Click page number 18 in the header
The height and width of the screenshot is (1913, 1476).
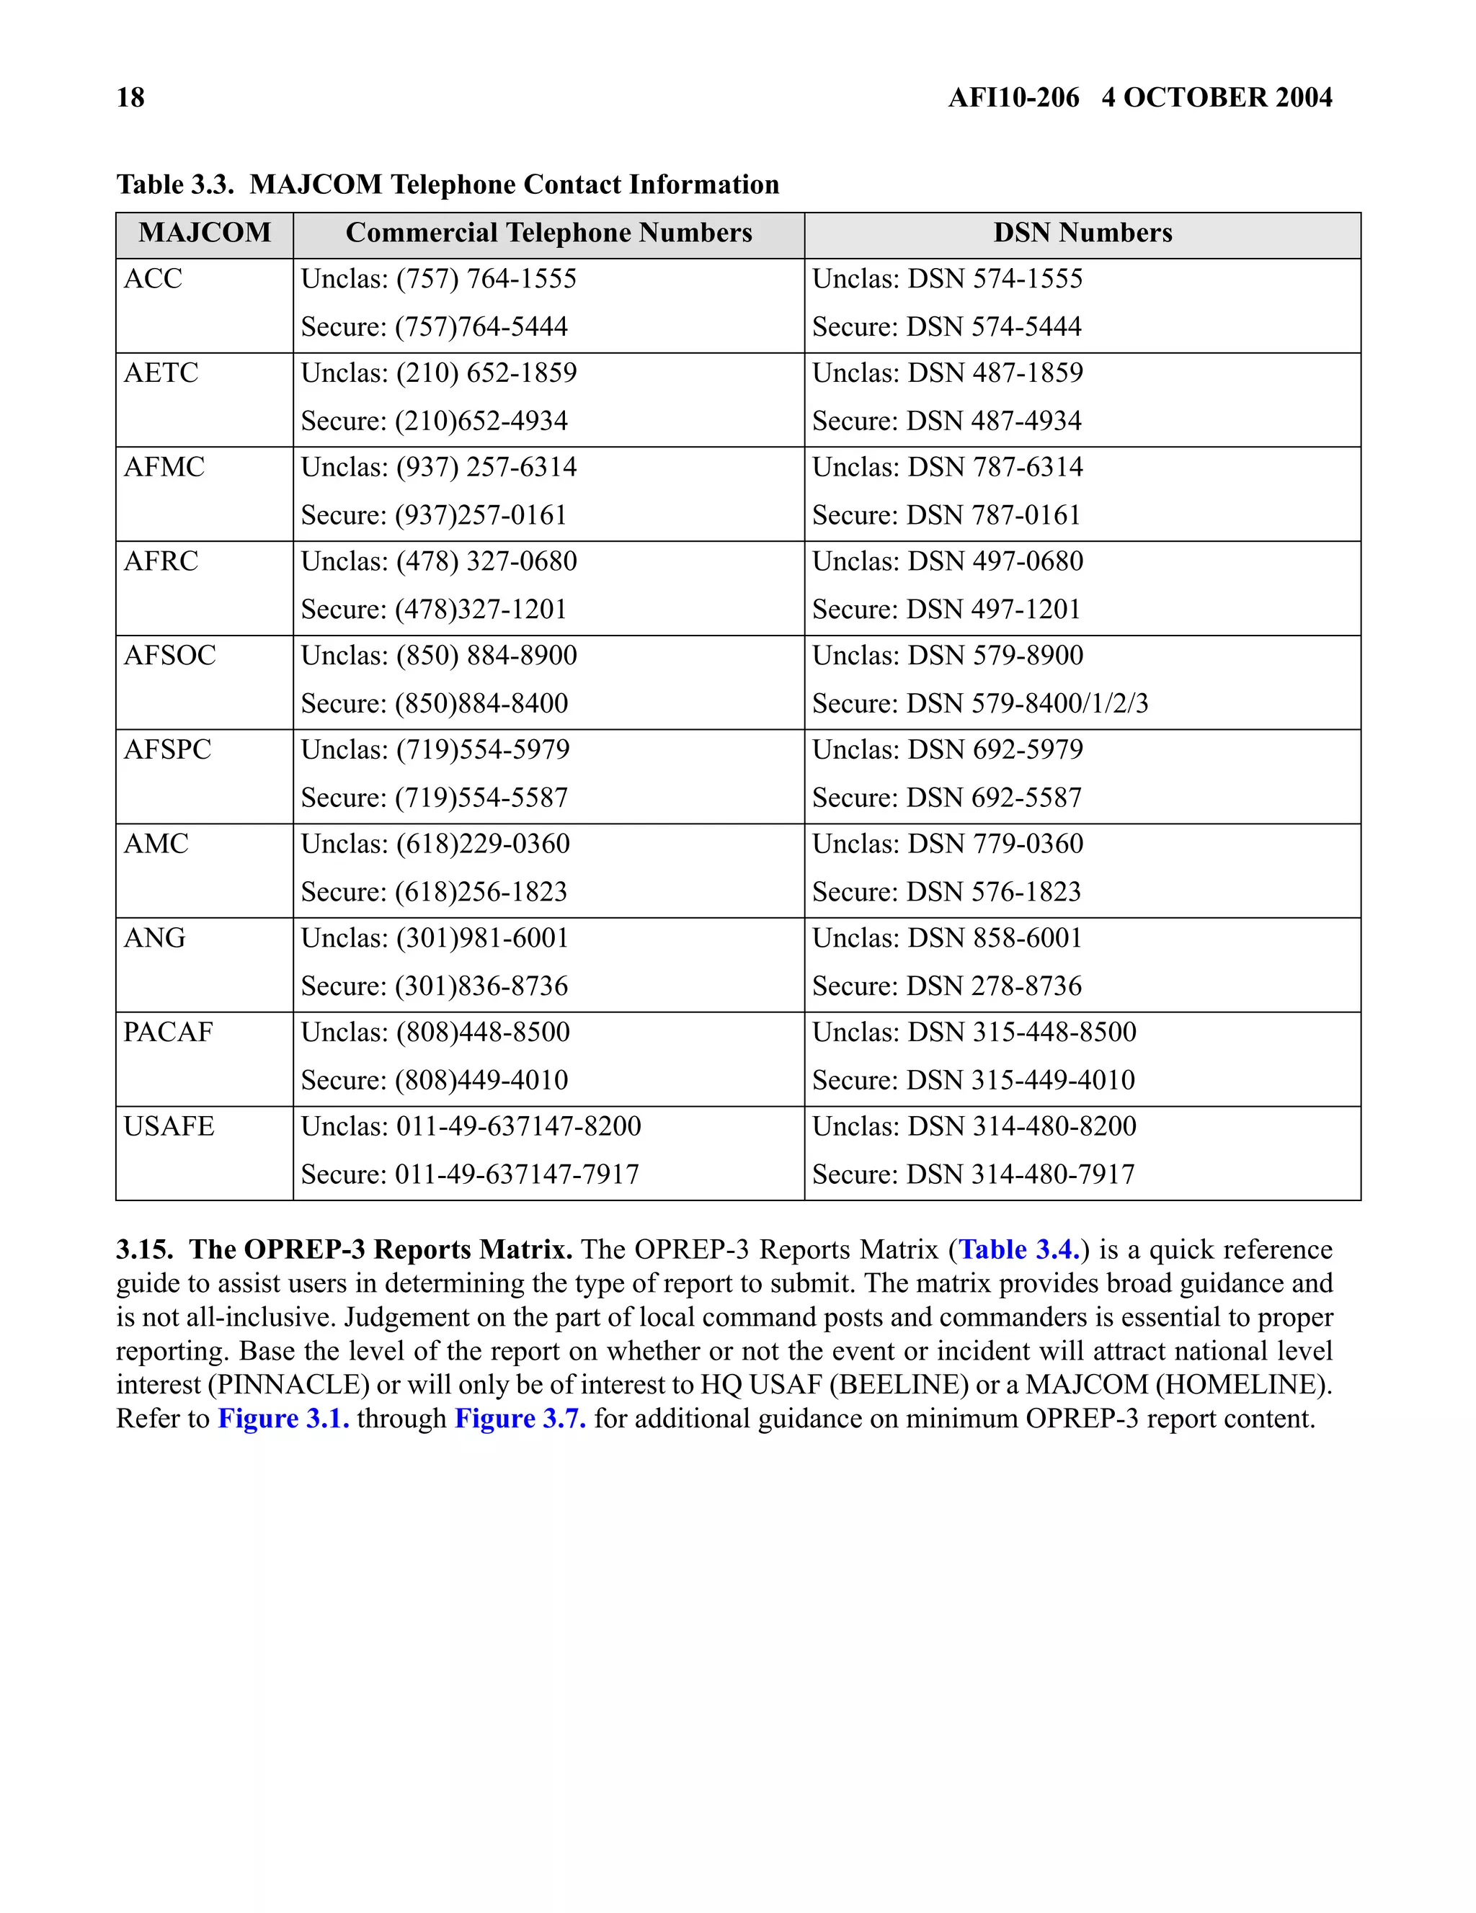pos(130,97)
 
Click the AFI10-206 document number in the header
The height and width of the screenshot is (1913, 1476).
pos(1013,97)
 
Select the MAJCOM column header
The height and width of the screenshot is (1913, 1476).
pos(204,233)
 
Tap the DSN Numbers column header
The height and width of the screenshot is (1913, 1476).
pos(1082,233)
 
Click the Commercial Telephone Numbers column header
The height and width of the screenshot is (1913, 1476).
pos(548,233)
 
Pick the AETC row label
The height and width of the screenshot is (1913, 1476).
pos(161,373)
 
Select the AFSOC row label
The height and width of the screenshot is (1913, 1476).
pos(169,655)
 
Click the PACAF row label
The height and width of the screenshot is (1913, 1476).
pos(167,1032)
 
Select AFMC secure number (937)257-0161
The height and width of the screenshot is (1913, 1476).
pos(480,515)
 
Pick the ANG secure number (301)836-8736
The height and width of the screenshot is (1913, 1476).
pos(480,986)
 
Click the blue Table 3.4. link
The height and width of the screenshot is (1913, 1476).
pos(1020,1250)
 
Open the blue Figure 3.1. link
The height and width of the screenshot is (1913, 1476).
pos(283,1418)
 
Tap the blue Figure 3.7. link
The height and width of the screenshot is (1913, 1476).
pos(520,1418)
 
